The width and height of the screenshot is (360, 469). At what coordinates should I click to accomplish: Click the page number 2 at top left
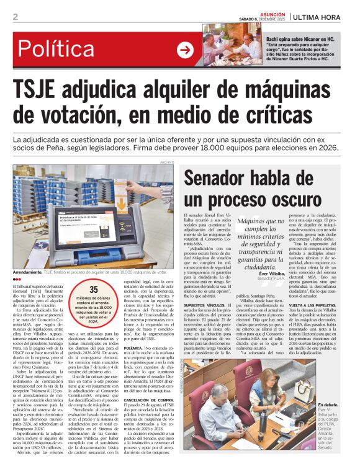[15, 17]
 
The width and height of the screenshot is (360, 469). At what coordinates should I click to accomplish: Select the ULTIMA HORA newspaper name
[323, 17]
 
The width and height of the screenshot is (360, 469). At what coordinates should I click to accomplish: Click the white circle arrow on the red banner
[185, 50]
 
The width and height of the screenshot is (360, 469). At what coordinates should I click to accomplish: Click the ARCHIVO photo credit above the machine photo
[167, 162]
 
